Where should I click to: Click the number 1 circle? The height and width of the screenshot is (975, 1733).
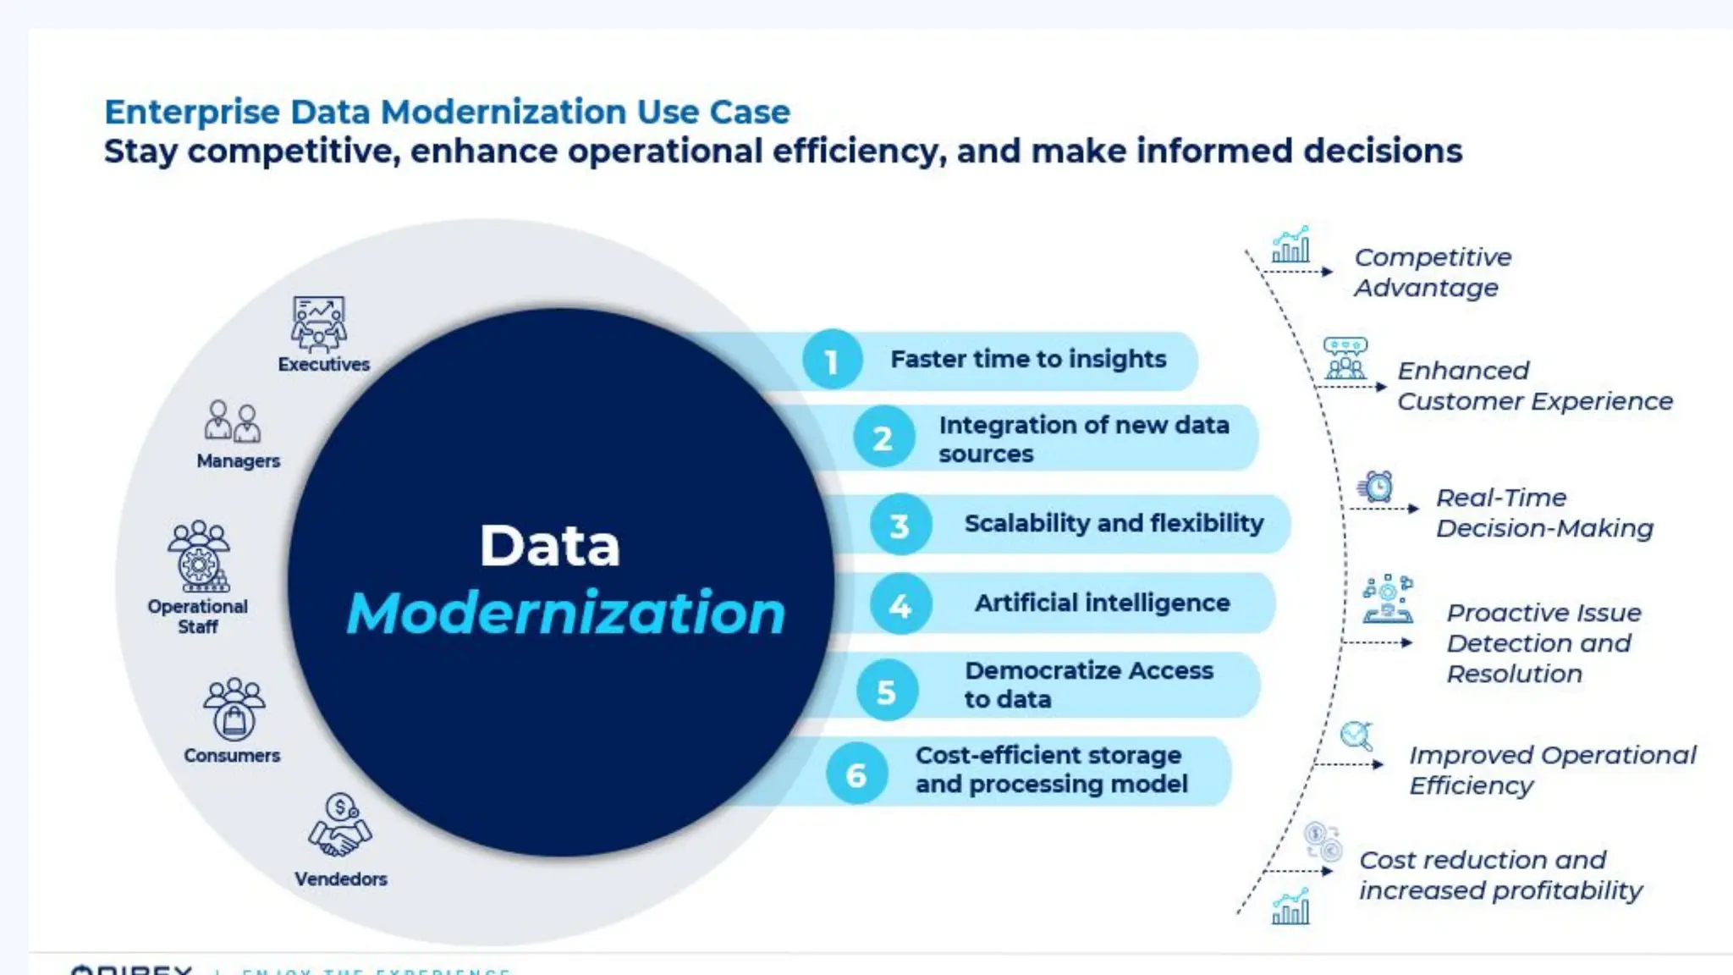832,360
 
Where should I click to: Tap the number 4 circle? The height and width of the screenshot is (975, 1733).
900,604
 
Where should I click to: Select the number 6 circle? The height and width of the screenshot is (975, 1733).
856,774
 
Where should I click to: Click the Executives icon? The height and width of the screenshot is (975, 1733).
318,323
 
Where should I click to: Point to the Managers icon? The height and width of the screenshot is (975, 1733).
232,421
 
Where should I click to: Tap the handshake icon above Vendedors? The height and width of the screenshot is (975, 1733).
339,826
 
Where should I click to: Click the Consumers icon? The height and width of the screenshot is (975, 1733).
234,709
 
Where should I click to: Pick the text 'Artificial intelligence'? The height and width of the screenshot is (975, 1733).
1102,603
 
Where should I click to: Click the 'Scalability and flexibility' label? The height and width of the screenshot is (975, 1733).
1114,523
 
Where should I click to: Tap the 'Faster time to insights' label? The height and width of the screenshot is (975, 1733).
1028,359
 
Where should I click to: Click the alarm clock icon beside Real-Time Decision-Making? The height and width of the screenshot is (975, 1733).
1377,487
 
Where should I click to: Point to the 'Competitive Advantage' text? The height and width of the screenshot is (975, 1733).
1432,272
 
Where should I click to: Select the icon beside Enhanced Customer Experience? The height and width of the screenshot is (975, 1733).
1345,359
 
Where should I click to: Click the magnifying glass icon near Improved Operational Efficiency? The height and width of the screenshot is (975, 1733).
1357,735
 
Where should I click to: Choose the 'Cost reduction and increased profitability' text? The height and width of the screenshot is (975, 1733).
1499,874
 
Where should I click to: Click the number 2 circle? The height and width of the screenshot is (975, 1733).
883,438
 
